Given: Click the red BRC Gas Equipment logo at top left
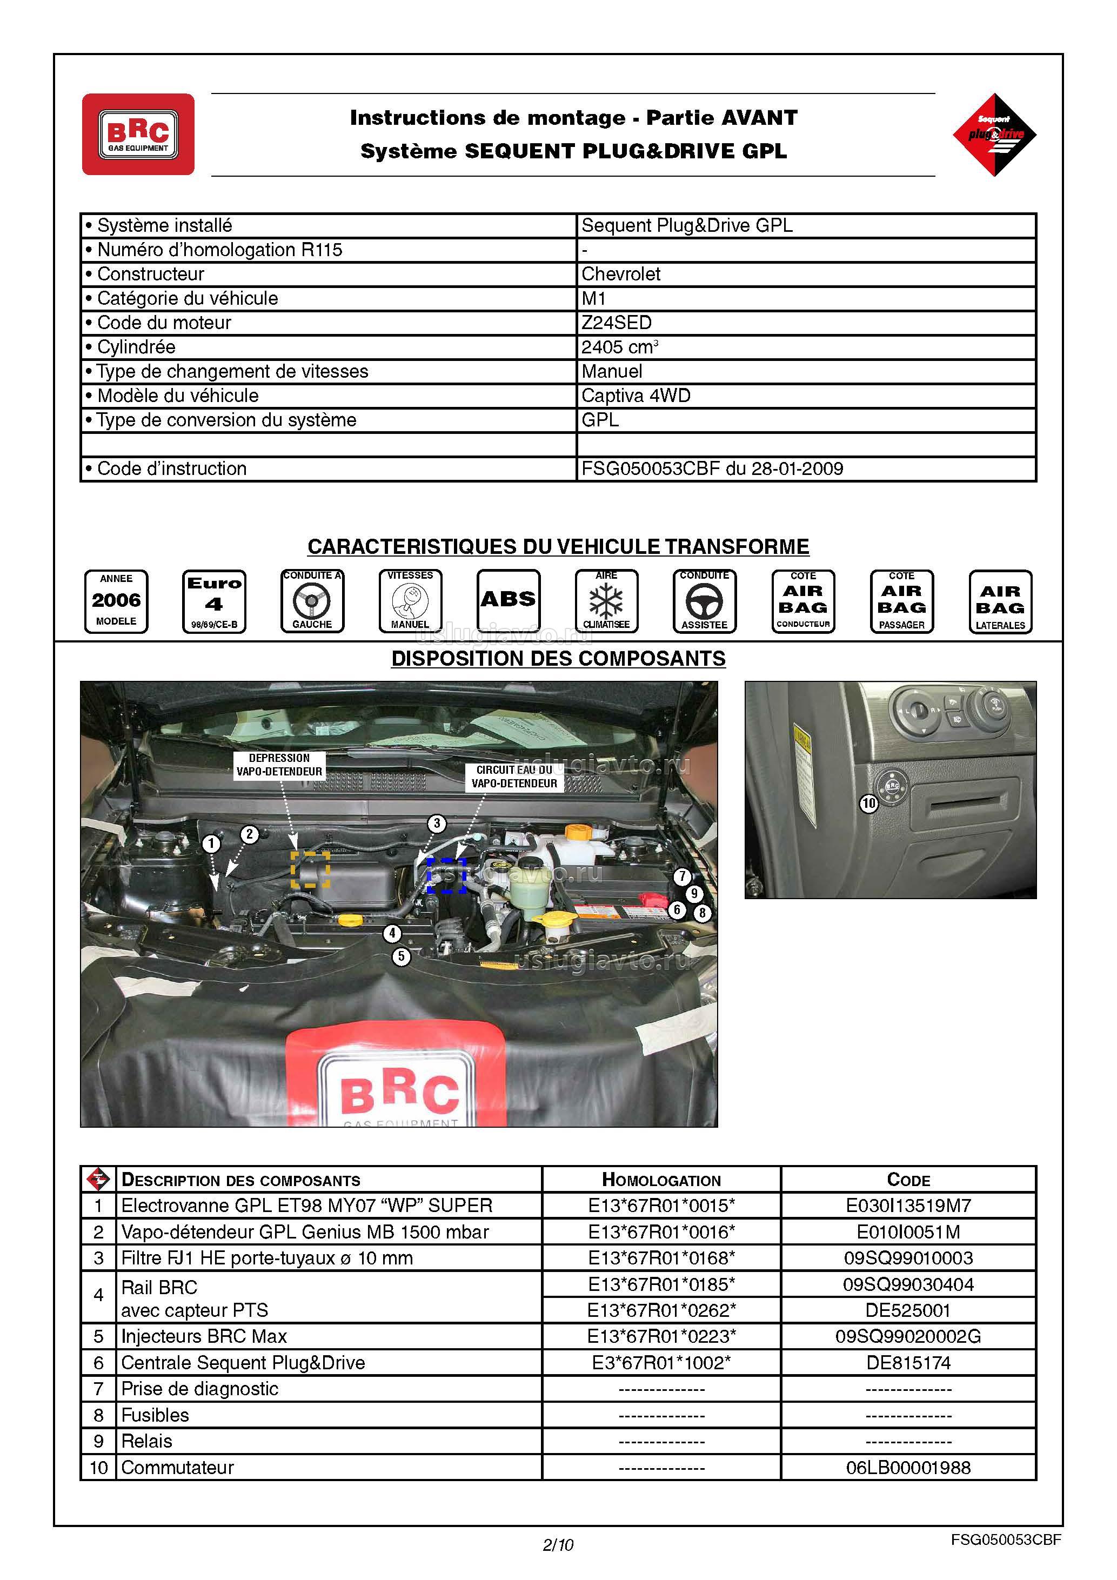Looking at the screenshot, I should click(138, 134).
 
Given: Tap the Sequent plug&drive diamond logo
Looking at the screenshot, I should click(994, 134).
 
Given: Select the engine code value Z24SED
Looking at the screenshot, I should click(617, 323).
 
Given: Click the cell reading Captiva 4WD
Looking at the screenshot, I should click(636, 396).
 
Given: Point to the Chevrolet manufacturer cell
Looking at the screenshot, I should click(621, 274).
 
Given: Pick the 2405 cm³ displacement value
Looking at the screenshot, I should click(619, 347).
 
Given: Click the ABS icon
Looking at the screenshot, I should click(508, 600).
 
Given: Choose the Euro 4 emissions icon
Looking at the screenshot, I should click(214, 601).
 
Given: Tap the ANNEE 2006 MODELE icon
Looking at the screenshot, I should click(116, 601).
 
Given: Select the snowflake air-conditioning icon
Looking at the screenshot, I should click(606, 601).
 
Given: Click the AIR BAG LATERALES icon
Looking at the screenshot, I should click(1000, 601).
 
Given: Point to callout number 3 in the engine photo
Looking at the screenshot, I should click(436, 823).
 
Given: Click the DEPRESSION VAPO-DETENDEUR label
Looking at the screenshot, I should click(279, 765).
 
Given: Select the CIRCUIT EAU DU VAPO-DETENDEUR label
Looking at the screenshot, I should click(514, 776).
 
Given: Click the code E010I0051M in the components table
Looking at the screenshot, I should click(908, 1232).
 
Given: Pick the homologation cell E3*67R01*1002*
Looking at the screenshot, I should click(661, 1363).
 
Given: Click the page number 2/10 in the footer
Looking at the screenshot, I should click(558, 1545).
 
